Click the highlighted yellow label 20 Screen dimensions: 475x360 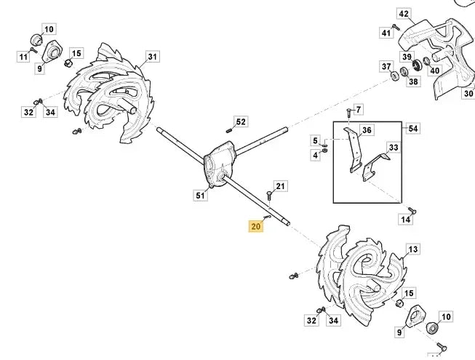[x=256, y=226]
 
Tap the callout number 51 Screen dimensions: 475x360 [x=200, y=196]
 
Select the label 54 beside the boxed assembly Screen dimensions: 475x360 [x=412, y=129]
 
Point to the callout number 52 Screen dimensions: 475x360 [x=241, y=121]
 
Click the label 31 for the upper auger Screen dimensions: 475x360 [x=153, y=57]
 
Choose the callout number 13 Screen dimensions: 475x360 [x=413, y=249]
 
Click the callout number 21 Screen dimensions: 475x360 [x=281, y=186]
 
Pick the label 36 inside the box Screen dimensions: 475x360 [x=367, y=130]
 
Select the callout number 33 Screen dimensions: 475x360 [x=394, y=148]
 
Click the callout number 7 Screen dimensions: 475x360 [x=359, y=110]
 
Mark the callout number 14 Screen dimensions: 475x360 [x=405, y=220]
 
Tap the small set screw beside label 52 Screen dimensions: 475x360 [x=229, y=130]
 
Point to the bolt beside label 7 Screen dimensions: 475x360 [x=349, y=113]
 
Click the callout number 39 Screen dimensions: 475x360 [x=407, y=57]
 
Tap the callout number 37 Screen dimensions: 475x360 [x=386, y=66]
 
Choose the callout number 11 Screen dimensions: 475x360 [x=23, y=57]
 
